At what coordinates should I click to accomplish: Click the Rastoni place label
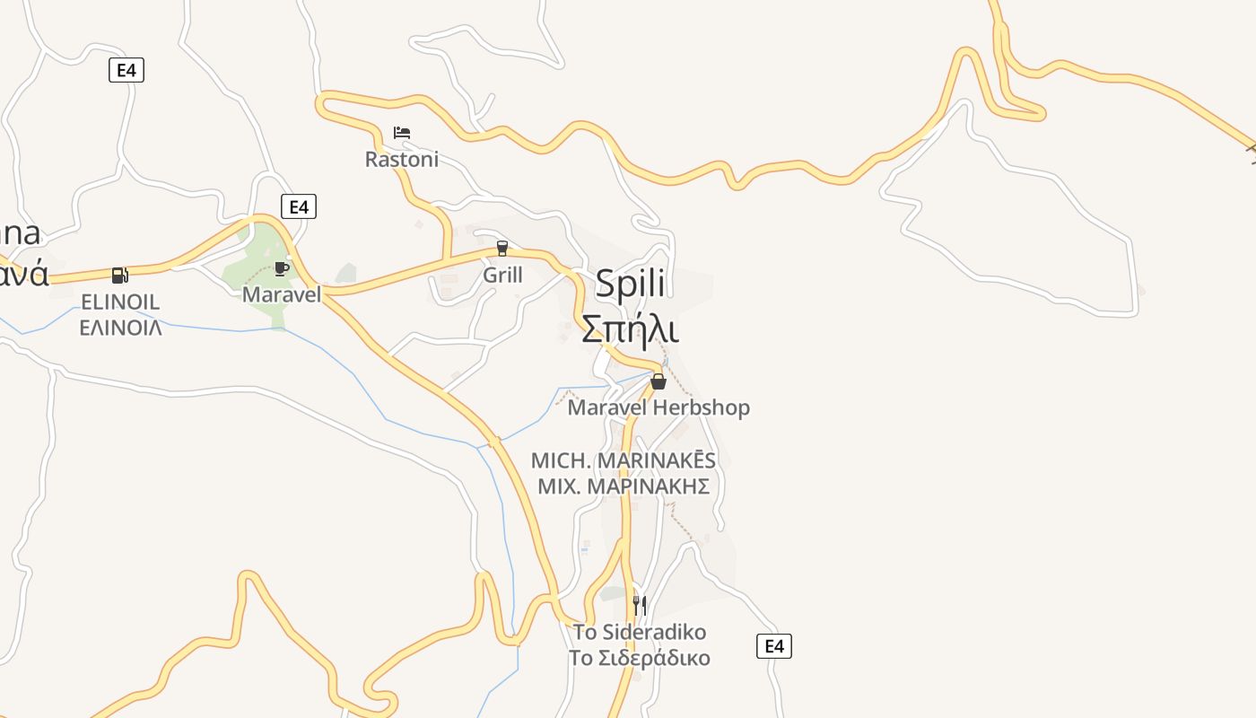(401, 159)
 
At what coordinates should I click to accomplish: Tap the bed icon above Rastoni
(401, 133)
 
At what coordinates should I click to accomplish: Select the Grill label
(502, 275)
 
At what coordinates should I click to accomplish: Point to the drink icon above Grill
(502, 248)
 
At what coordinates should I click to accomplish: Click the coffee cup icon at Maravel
(282, 267)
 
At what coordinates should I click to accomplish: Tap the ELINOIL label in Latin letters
(120, 302)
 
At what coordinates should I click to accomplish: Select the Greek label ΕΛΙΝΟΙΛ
(120, 327)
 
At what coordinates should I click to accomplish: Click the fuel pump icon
(119, 275)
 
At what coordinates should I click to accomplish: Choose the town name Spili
(630, 284)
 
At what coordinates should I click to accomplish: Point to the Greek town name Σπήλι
(630, 328)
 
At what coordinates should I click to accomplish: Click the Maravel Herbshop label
(659, 407)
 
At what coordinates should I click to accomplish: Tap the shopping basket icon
(659, 381)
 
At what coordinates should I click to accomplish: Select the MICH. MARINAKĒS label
(624, 460)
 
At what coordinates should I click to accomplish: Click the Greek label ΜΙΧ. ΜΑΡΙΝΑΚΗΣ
(624, 486)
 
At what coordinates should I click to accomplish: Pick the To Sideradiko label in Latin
(640, 631)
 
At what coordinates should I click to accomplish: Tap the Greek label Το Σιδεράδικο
(640, 658)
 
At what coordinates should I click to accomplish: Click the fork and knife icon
(640, 605)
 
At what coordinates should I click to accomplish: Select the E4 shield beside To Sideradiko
(774, 645)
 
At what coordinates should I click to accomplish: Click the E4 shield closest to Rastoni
(299, 206)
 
